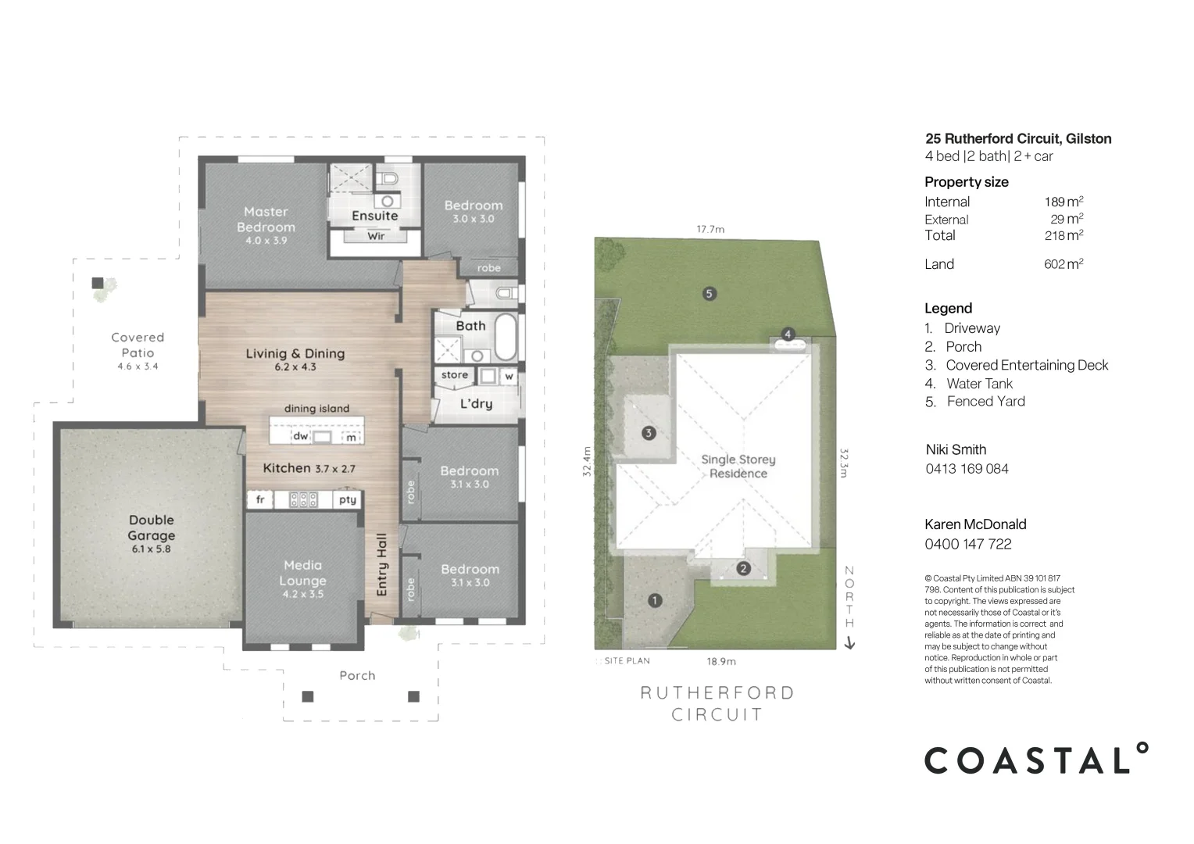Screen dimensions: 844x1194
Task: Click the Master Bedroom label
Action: click(266, 220)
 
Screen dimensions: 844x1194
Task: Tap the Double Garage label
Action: click(152, 528)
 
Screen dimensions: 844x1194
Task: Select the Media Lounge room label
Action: click(303, 573)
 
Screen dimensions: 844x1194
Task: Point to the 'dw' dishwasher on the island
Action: click(301, 437)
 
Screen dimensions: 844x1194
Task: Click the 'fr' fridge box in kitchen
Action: click(260, 499)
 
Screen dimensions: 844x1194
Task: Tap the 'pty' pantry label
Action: click(348, 499)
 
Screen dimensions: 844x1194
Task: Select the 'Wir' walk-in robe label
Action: click(376, 236)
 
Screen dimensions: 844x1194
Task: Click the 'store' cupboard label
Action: click(454, 375)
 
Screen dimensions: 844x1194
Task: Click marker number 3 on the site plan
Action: click(648, 433)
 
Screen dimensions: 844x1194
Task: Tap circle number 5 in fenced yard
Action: click(709, 294)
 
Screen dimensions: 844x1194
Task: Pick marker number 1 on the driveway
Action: click(655, 600)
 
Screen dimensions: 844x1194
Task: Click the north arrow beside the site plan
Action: click(849, 643)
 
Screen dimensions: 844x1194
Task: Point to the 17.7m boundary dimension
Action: click(710, 229)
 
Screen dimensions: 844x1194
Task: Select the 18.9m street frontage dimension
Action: click(721, 661)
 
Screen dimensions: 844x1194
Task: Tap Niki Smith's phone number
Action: click(967, 469)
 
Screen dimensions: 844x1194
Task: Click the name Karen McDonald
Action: click(975, 524)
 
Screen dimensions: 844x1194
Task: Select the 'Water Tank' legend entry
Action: click(979, 384)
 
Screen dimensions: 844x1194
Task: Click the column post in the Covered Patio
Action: click(98, 283)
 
